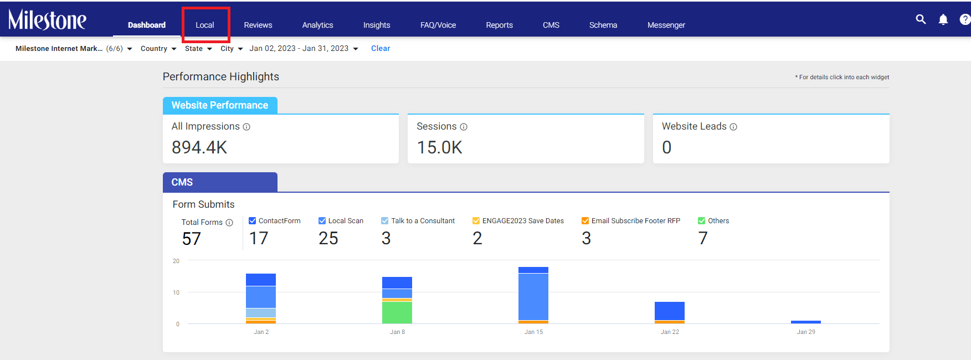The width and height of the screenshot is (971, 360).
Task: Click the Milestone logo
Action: pyautogui.click(x=47, y=20)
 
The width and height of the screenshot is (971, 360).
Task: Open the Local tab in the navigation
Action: pyautogui.click(x=205, y=25)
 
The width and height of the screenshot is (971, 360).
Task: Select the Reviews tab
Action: pyautogui.click(x=258, y=25)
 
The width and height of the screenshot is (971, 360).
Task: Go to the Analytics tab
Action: pyautogui.click(x=317, y=25)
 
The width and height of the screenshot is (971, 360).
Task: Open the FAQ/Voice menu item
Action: pyautogui.click(x=438, y=25)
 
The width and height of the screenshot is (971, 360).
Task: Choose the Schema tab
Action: pyautogui.click(x=603, y=25)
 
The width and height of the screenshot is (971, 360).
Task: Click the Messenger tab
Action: pyautogui.click(x=666, y=25)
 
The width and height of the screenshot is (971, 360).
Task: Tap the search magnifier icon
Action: pyautogui.click(x=921, y=19)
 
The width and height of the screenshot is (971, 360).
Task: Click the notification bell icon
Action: pyautogui.click(x=943, y=19)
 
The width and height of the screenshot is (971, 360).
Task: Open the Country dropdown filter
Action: pyautogui.click(x=158, y=49)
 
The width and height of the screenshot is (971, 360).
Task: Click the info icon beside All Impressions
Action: pyautogui.click(x=246, y=127)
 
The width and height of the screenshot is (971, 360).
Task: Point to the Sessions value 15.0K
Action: pyautogui.click(x=439, y=147)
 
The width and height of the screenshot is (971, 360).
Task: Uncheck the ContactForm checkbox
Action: pyautogui.click(x=253, y=220)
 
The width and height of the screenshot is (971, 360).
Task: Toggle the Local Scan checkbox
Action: pyautogui.click(x=322, y=220)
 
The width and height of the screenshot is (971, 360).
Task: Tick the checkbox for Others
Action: pyautogui.click(x=702, y=220)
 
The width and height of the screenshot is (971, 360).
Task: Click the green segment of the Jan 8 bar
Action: pyautogui.click(x=397, y=312)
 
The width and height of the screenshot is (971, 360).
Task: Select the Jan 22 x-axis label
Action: pyautogui.click(x=670, y=332)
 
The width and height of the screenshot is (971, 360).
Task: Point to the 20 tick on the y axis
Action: pyautogui.click(x=176, y=261)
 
